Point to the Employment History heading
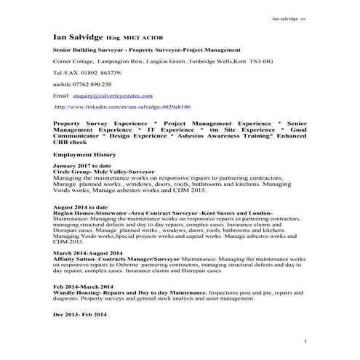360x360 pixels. pos(85,155)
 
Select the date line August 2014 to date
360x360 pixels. pos(83,207)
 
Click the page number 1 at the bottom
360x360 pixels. pos(305,340)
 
